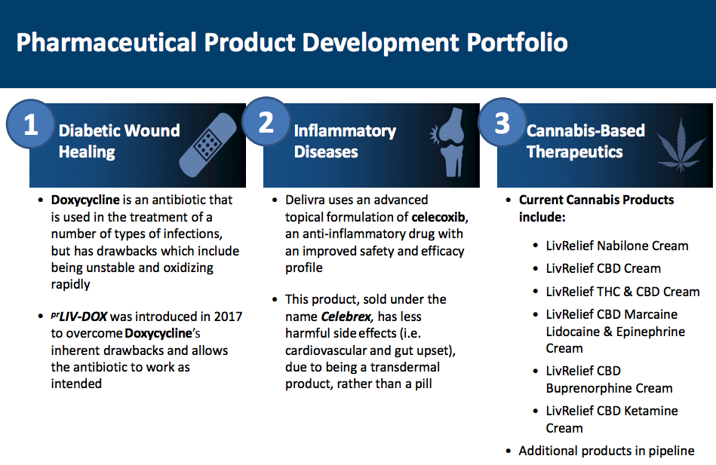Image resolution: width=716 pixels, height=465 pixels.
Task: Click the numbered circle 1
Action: [x=31, y=124]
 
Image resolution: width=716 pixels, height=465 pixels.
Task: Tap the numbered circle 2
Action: [x=266, y=122]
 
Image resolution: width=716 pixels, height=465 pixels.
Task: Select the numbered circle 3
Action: [x=502, y=122]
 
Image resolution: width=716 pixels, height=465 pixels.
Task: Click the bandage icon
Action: [x=208, y=145]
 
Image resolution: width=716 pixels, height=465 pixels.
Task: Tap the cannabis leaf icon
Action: [x=681, y=145]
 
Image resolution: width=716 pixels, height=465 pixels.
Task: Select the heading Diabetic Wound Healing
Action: [x=119, y=141]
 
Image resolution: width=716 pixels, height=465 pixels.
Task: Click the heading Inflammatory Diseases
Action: [x=345, y=141]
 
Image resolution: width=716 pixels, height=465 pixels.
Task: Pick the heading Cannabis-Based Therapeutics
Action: [x=585, y=141]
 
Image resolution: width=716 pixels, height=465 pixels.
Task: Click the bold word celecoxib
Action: [x=438, y=217]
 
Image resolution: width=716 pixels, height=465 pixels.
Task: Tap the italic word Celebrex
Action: [x=347, y=317]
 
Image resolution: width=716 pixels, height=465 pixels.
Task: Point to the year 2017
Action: [x=228, y=317]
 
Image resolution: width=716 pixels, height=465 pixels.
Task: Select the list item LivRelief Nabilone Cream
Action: [x=617, y=246]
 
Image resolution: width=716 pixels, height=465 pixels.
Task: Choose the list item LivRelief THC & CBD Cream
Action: [x=623, y=292]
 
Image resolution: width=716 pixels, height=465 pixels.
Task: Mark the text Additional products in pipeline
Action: [x=607, y=451]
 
